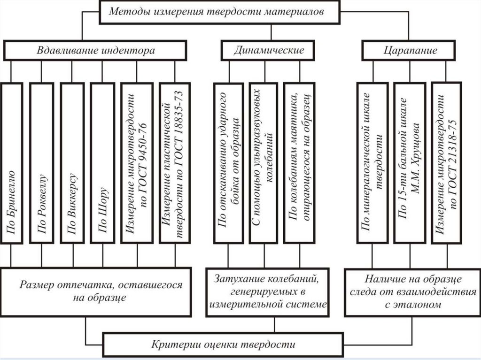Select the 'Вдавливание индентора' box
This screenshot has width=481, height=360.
(x=96, y=50)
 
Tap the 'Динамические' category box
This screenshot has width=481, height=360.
(x=269, y=50)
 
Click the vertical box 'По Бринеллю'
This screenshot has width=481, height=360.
(x=11, y=162)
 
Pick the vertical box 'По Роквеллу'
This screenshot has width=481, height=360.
(x=41, y=162)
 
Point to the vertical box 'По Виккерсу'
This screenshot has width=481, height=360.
(x=72, y=162)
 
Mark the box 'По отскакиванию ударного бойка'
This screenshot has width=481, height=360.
(x=229, y=162)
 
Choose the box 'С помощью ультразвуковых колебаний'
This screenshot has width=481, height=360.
(x=264, y=162)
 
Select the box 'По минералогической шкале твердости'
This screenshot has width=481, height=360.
(x=372, y=162)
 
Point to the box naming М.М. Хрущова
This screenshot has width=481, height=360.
(x=409, y=162)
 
